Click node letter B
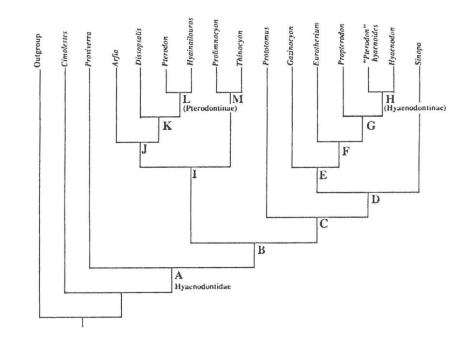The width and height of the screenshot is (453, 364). point(261,249)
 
